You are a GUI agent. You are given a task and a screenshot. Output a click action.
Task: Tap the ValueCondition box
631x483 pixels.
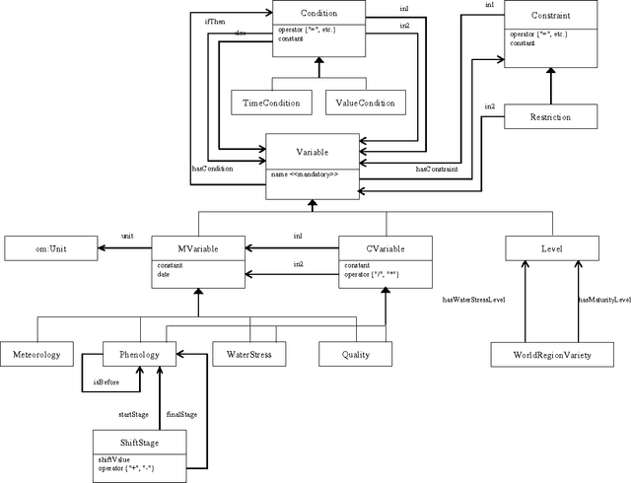[365, 102]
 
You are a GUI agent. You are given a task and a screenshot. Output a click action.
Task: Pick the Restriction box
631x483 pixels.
[550, 117]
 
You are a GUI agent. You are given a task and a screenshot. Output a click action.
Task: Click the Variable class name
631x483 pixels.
[313, 153]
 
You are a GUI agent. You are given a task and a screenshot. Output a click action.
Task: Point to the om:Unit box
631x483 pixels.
[49, 249]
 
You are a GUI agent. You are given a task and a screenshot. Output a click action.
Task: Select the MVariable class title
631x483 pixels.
[198, 248]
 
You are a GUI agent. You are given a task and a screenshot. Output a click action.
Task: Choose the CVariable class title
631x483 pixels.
[385, 248]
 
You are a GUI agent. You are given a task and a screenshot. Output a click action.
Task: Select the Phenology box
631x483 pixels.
[139, 353]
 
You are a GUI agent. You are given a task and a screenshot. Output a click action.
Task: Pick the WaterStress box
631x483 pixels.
[249, 353]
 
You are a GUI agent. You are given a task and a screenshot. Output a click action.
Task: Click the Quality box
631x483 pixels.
[355, 353]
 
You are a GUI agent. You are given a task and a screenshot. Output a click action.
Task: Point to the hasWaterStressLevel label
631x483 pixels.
[473, 299]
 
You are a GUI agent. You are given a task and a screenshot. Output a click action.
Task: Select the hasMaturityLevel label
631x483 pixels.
[604, 299]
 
